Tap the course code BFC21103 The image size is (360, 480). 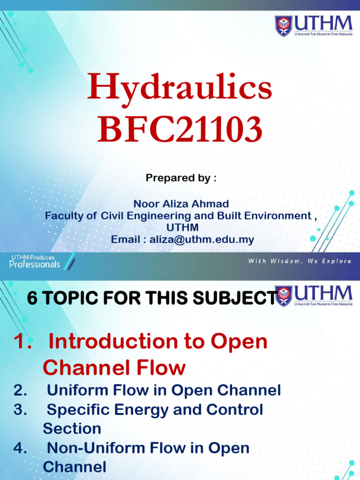(x=180, y=129)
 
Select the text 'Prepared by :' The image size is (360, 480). (x=181, y=178)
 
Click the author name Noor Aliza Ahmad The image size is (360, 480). (x=181, y=203)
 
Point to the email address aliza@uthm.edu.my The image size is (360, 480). (x=202, y=239)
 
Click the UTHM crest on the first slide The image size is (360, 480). (x=284, y=26)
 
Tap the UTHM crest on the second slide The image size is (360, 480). (x=284, y=296)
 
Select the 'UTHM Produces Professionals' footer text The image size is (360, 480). (x=35, y=261)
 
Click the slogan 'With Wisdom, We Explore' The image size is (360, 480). (x=300, y=261)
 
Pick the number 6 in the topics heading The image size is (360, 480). (x=32, y=298)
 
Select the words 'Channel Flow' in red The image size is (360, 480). (x=114, y=367)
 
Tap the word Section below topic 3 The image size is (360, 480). (x=72, y=428)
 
